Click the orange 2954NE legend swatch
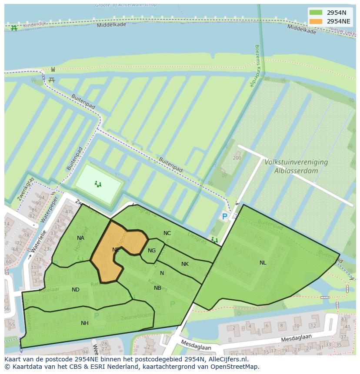click(316, 21)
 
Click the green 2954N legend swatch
click(316, 13)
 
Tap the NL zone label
click(263, 263)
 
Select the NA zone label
click(80, 238)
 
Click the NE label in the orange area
click(116, 250)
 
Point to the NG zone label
click(152, 251)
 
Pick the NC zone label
click(167, 233)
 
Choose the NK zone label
click(185, 264)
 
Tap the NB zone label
click(157, 288)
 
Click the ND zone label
click(76, 290)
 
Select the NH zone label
click(85, 323)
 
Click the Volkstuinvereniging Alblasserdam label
click(296, 166)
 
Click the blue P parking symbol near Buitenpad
click(224, 216)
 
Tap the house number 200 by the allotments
click(237, 158)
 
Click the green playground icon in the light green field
click(98, 184)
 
